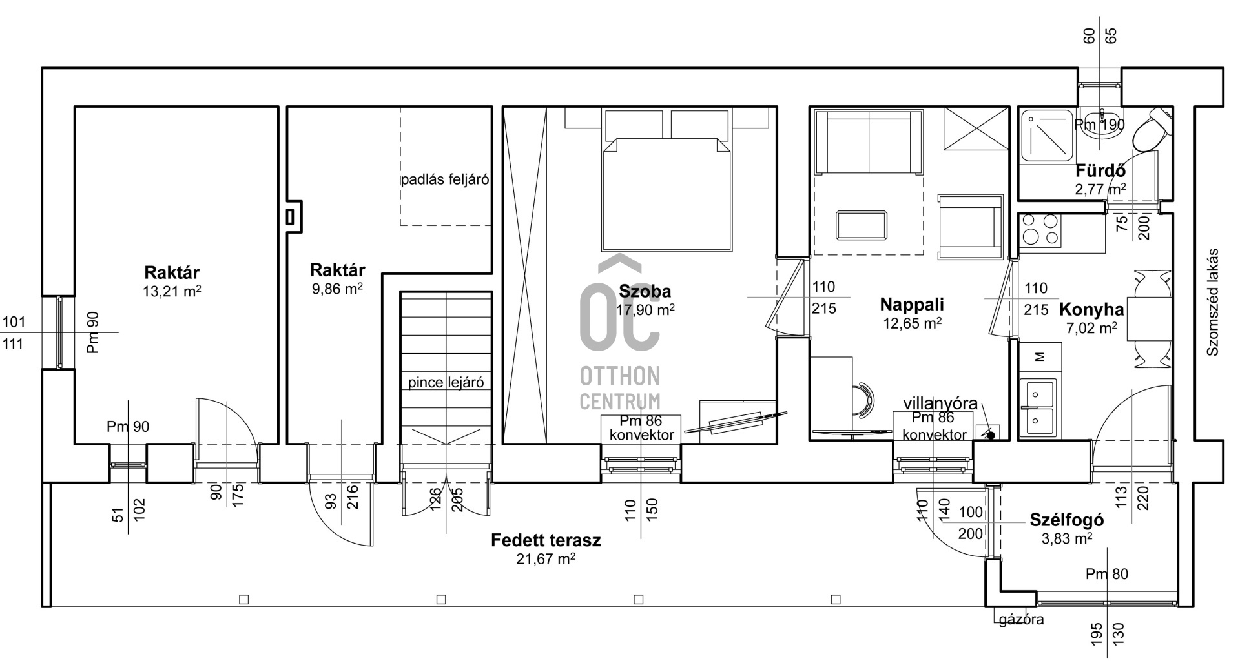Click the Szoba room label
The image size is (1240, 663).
coord(645,291)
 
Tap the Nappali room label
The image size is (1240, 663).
coord(912,304)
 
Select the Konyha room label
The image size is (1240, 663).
coord(1091,310)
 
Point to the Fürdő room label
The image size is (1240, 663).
coord(1100,171)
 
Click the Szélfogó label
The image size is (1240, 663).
coord(1066,520)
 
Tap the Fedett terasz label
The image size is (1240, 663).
coord(546,540)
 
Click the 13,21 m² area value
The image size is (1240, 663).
coord(172,291)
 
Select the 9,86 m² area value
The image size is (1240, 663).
coord(337,289)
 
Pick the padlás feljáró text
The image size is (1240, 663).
coord(444,179)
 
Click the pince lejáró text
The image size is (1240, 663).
coord(446,382)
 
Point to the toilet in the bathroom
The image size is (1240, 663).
coord(1152,131)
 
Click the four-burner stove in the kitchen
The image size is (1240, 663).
coord(1040,230)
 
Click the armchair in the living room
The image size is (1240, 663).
coord(969,227)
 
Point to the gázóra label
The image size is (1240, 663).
coord(1021,620)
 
